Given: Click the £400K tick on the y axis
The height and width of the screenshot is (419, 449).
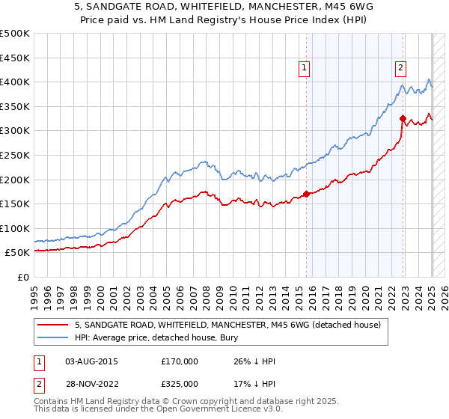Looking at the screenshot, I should tap(15, 82).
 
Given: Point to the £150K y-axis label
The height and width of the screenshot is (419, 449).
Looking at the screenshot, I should tap(15, 204).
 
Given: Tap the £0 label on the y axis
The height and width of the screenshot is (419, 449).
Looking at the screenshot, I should tap(25, 277).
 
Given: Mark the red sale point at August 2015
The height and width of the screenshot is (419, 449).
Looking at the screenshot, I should tap(306, 195).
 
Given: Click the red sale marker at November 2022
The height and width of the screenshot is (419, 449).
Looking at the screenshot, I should tap(403, 118).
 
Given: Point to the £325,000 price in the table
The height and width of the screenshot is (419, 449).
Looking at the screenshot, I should tap(180, 383).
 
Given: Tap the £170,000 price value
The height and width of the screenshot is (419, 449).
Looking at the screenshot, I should tap(180, 361).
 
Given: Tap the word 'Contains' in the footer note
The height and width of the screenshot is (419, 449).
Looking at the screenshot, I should tap(52, 403).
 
